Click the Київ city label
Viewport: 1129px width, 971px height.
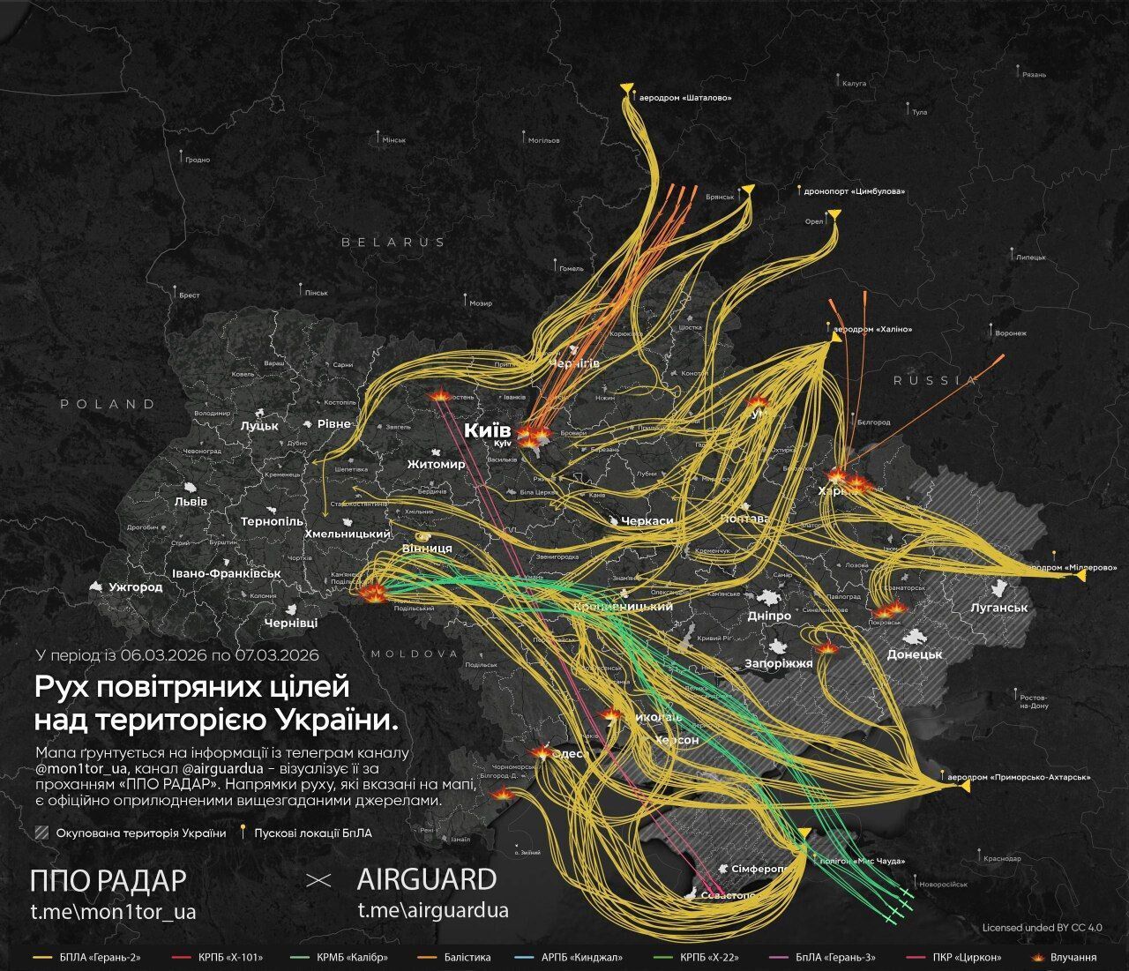(488, 430)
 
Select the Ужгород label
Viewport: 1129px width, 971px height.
(135, 586)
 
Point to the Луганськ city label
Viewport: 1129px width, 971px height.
(998, 608)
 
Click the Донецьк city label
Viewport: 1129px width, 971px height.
(915, 654)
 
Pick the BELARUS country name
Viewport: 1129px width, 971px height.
(393, 242)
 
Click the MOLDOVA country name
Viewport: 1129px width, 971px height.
(415, 654)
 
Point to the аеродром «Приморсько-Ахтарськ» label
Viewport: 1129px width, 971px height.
(1019, 778)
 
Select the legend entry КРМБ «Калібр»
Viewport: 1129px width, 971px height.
(352, 957)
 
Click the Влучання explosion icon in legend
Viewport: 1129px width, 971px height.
(1036, 957)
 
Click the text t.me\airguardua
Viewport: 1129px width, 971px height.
(432, 910)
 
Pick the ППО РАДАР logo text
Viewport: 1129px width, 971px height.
(108, 879)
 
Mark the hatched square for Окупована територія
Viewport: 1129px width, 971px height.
(41, 833)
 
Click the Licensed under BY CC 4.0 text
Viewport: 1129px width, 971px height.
(1042, 928)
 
